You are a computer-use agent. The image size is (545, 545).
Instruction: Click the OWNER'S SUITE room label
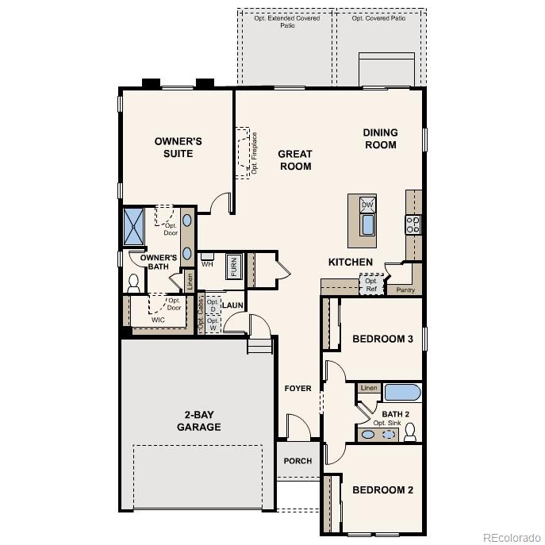click(178, 147)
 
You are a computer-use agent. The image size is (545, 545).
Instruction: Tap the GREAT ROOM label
click(294, 160)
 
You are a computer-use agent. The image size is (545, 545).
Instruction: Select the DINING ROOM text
click(380, 139)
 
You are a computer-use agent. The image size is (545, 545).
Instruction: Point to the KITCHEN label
click(351, 262)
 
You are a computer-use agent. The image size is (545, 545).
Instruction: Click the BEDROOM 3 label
click(382, 339)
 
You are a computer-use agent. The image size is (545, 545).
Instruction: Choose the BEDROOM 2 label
click(382, 489)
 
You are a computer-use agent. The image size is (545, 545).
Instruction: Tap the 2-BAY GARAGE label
click(198, 420)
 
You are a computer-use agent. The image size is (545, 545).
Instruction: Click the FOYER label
click(298, 388)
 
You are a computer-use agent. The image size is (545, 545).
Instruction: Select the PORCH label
click(298, 461)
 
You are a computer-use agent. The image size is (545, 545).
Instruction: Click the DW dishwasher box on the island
click(367, 205)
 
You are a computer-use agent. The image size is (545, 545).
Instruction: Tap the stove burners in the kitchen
click(413, 225)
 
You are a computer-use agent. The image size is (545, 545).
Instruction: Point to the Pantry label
click(405, 290)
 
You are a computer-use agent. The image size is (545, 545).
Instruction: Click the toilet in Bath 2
click(410, 432)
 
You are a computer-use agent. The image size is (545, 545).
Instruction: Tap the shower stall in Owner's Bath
click(132, 225)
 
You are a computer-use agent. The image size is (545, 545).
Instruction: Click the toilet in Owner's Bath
click(132, 283)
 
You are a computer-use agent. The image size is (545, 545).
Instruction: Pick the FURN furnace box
click(234, 267)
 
